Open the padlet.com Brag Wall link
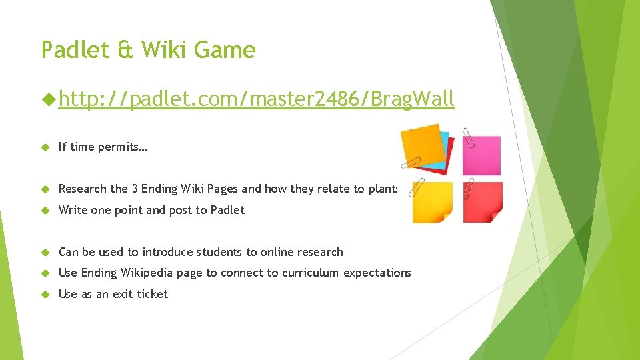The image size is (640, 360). click(x=256, y=99)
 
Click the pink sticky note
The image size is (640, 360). click(x=481, y=155)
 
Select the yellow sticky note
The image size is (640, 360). click(x=432, y=202)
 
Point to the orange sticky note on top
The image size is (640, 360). click(x=421, y=145)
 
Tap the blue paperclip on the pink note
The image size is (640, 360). click(x=469, y=137)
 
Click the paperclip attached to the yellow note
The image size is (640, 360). click(x=417, y=188)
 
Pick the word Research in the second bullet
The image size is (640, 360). click(x=83, y=189)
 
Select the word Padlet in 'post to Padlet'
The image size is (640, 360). click(x=227, y=210)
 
